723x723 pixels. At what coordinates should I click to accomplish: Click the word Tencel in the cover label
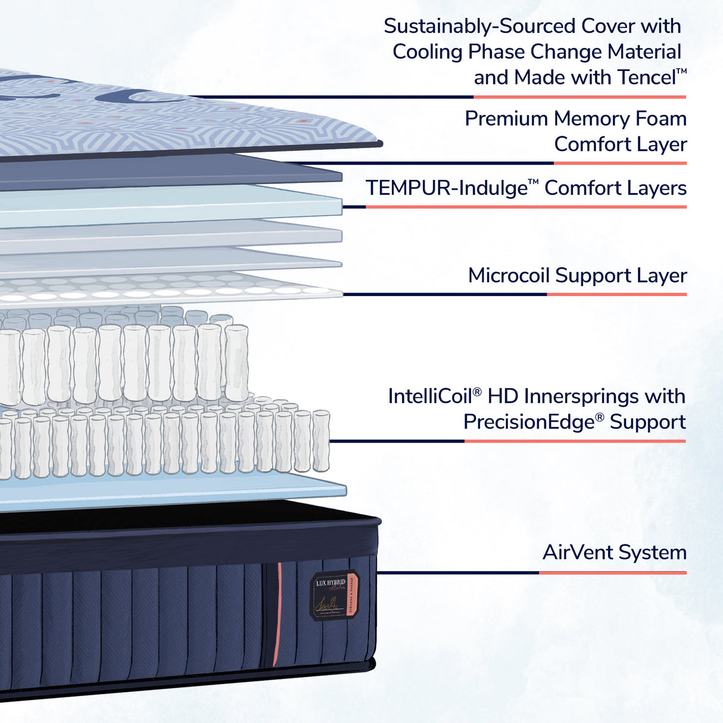(x=646, y=77)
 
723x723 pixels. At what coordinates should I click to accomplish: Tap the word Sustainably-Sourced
(x=479, y=26)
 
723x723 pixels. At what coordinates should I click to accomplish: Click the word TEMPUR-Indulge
(x=446, y=188)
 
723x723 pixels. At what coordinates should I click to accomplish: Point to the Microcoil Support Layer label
(x=577, y=276)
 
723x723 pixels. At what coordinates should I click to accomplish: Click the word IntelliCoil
(x=429, y=397)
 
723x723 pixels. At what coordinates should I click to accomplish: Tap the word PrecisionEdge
(x=529, y=422)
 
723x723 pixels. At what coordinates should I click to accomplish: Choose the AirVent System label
(x=614, y=553)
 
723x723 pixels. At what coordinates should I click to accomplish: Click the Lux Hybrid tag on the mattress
(x=334, y=595)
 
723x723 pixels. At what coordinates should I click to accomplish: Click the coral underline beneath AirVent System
(x=612, y=573)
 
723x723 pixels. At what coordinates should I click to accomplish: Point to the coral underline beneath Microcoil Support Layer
(x=616, y=294)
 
